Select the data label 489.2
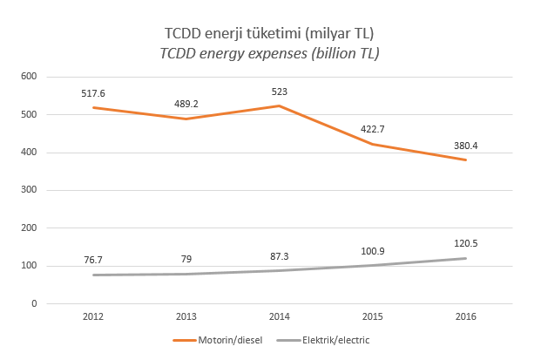(x=186, y=102)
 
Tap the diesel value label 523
(x=279, y=90)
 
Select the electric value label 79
(x=186, y=258)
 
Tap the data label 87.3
(x=279, y=255)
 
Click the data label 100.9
(x=372, y=249)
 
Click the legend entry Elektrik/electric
(x=328, y=341)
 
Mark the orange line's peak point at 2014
(x=279, y=105)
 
